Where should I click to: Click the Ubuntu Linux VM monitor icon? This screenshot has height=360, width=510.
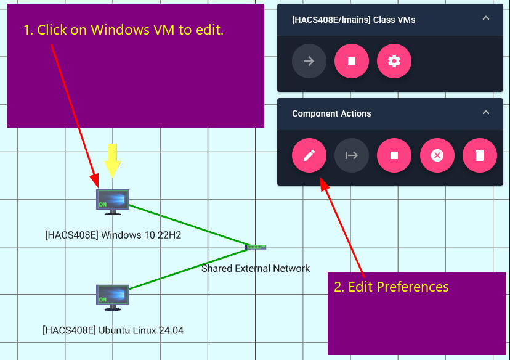(x=113, y=295)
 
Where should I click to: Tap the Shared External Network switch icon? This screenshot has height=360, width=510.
(x=256, y=247)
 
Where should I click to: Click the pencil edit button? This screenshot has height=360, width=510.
(x=309, y=155)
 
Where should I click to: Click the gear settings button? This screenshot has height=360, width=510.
(x=394, y=61)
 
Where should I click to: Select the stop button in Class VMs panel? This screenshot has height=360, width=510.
(x=352, y=61)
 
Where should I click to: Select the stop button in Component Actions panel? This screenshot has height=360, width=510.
(x=394, y=155)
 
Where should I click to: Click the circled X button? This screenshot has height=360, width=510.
(x=437, y=155)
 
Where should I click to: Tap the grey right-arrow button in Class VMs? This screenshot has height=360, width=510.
(x=309, y=61)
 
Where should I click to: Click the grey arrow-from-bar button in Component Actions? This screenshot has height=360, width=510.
(x=352, y=155)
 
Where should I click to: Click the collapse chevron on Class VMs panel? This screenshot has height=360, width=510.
(x=486, y=18)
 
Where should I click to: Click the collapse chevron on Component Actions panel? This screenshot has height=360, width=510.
(x=486, y=113)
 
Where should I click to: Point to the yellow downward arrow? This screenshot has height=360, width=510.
(x=113, y=160)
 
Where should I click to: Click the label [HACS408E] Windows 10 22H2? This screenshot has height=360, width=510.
(x=113, y=235)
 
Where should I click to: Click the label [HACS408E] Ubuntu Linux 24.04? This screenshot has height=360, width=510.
(x=113, y=330)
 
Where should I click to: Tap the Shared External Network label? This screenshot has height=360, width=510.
(x=256, y=268)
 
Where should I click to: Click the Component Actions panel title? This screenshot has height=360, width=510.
(x=331, y=113)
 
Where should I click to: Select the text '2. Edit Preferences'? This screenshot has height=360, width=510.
(x=391, y=287)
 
